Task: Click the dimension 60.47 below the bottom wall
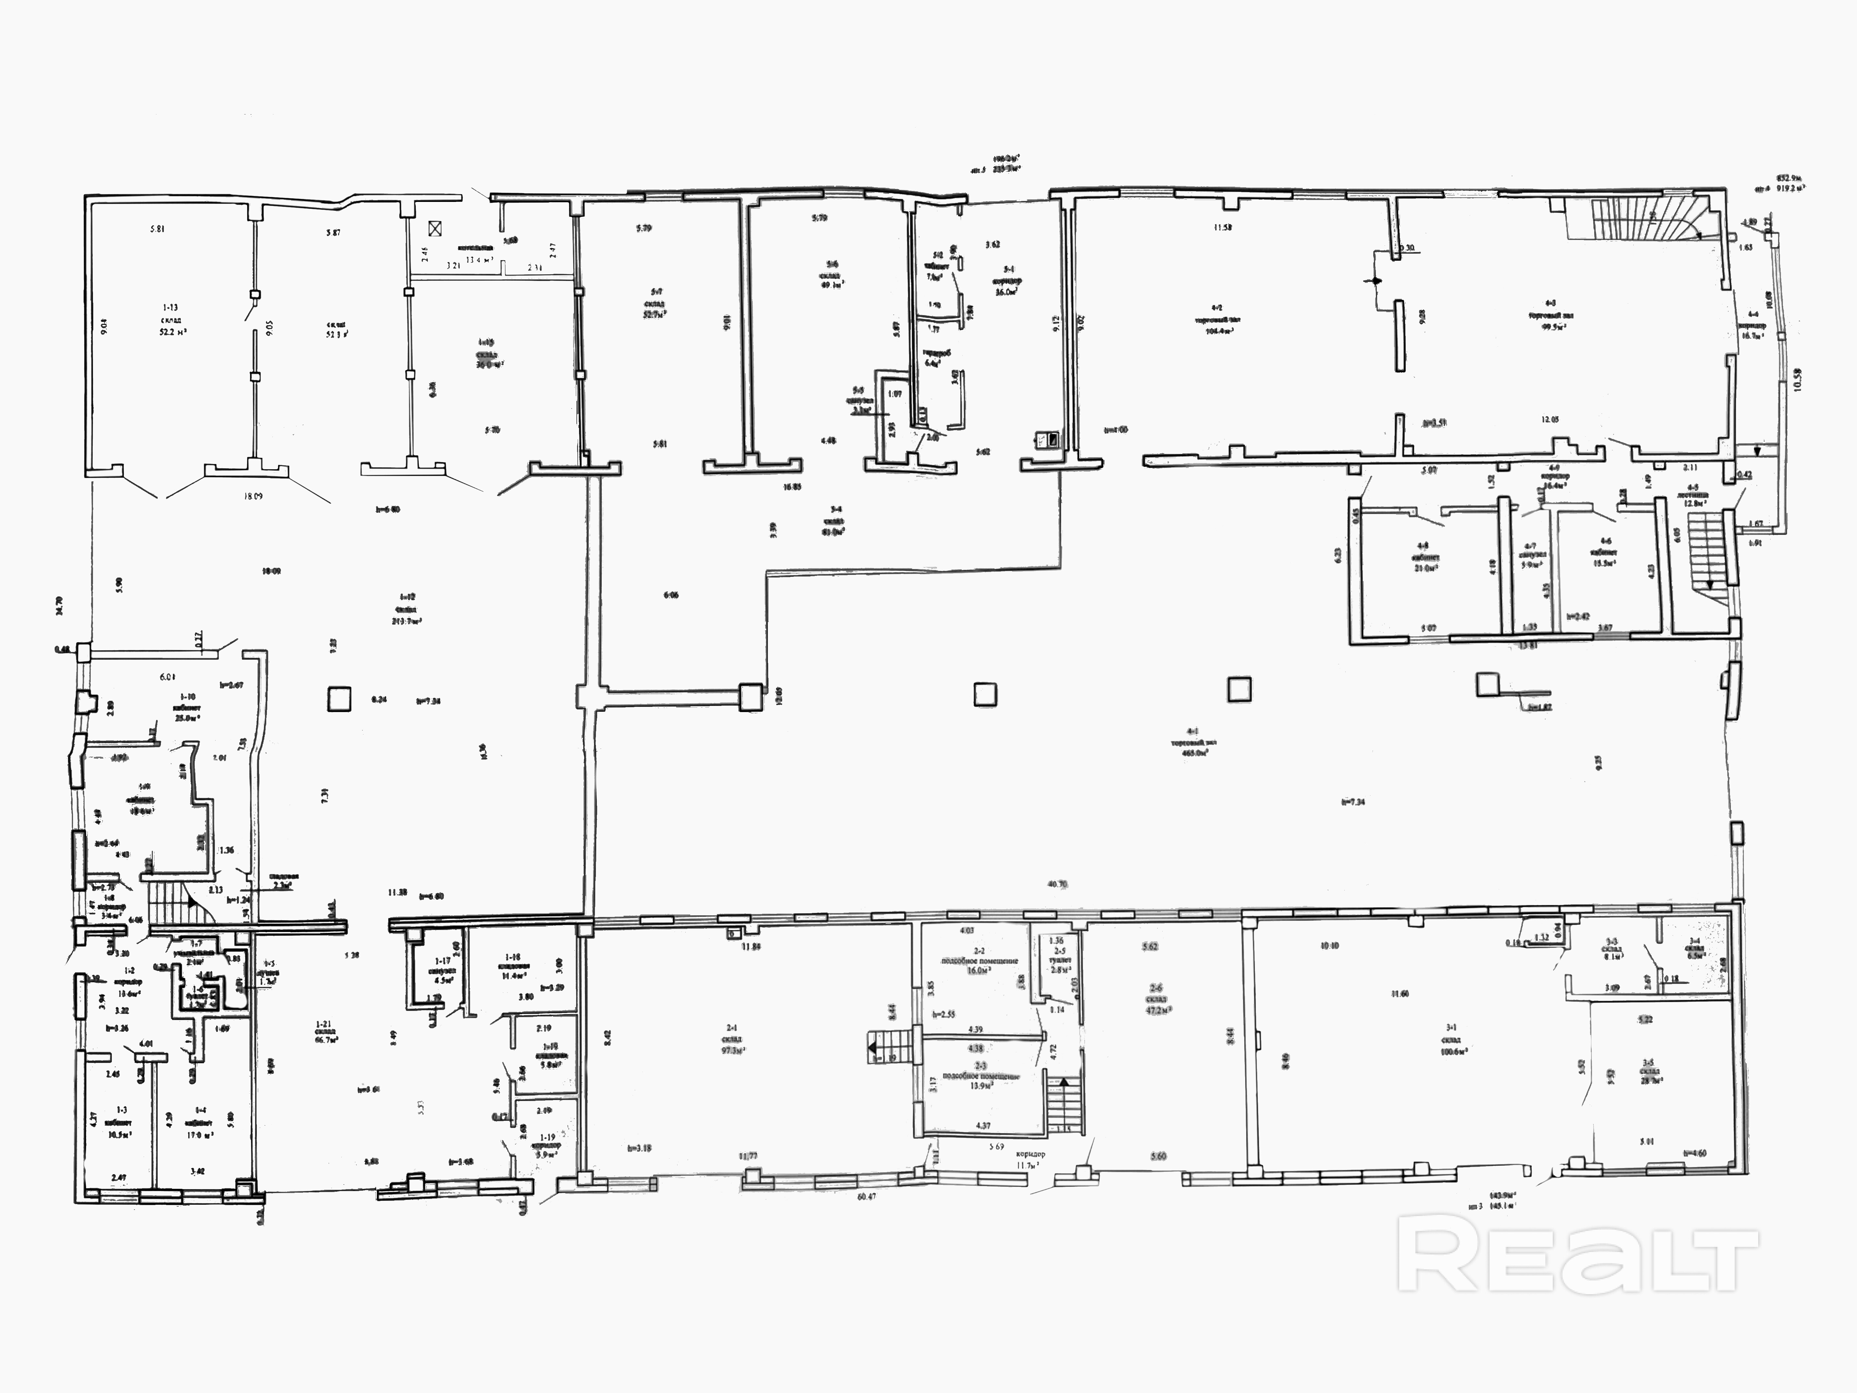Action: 866,1196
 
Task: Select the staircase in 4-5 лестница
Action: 1704,554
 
